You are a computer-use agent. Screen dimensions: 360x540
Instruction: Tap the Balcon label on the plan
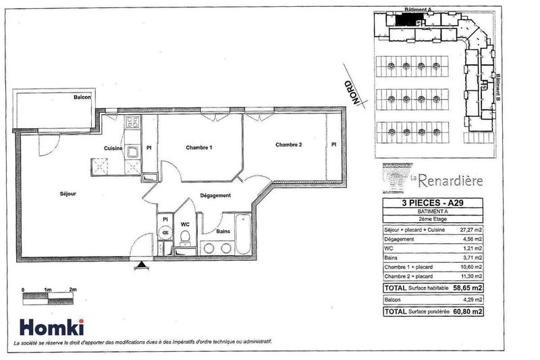point(82,98)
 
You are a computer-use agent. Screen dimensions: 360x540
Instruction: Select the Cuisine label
point(112,149)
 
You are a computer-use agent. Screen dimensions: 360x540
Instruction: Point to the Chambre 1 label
point(199,148)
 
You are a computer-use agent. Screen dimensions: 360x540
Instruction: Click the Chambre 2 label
point(288,145)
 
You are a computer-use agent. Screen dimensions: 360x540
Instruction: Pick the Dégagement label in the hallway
point(215,196)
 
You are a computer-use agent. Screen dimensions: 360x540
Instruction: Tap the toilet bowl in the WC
point(184,236)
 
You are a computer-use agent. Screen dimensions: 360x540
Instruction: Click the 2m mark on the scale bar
point(72,289)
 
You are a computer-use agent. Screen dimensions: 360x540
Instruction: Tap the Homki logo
point(51,327)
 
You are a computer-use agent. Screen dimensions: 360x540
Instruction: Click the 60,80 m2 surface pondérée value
point(468,312)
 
